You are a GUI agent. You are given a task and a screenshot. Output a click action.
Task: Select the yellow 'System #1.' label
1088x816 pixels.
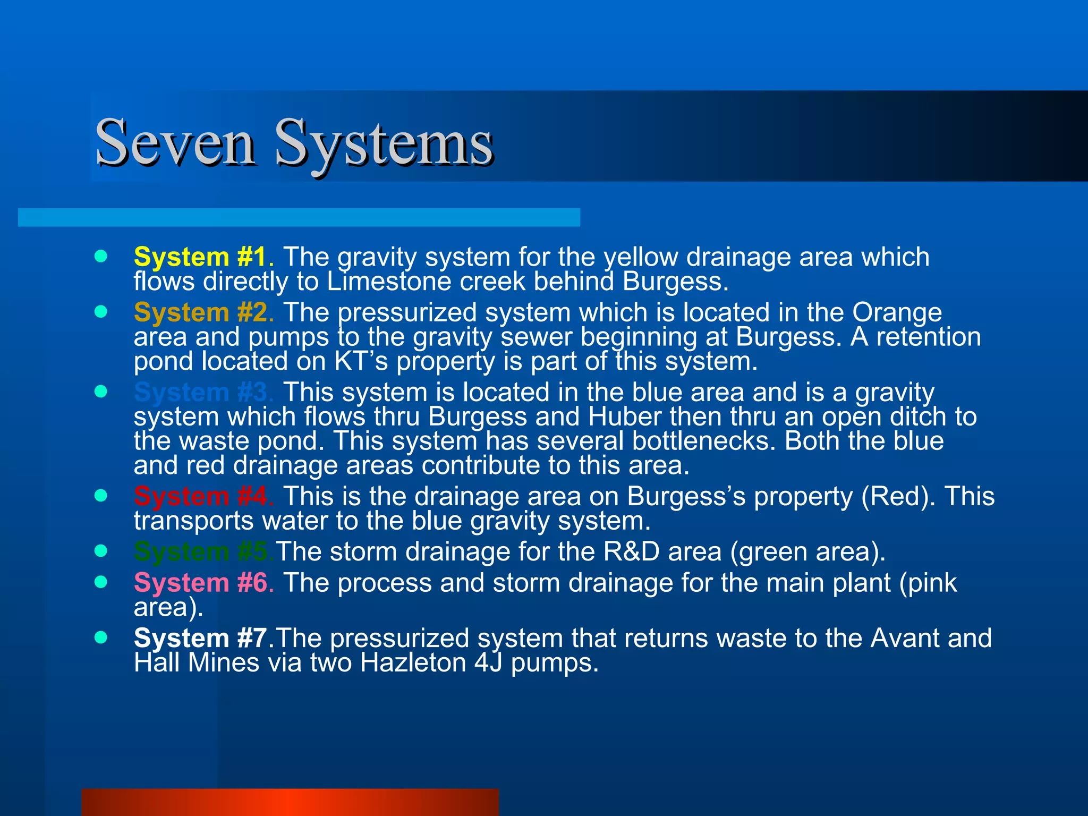204,258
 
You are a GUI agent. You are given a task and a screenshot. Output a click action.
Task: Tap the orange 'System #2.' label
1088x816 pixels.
204,313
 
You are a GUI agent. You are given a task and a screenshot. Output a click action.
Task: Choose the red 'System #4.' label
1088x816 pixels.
204,497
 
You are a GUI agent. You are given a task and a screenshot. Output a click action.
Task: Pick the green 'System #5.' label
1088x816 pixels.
204,552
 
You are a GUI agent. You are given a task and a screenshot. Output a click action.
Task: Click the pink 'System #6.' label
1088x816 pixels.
204,583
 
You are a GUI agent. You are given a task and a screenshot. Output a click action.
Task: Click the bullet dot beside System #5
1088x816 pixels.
100,551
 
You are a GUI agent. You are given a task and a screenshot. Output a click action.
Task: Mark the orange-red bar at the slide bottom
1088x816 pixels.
290,802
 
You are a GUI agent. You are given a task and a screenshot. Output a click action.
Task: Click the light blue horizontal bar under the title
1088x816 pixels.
299,218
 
